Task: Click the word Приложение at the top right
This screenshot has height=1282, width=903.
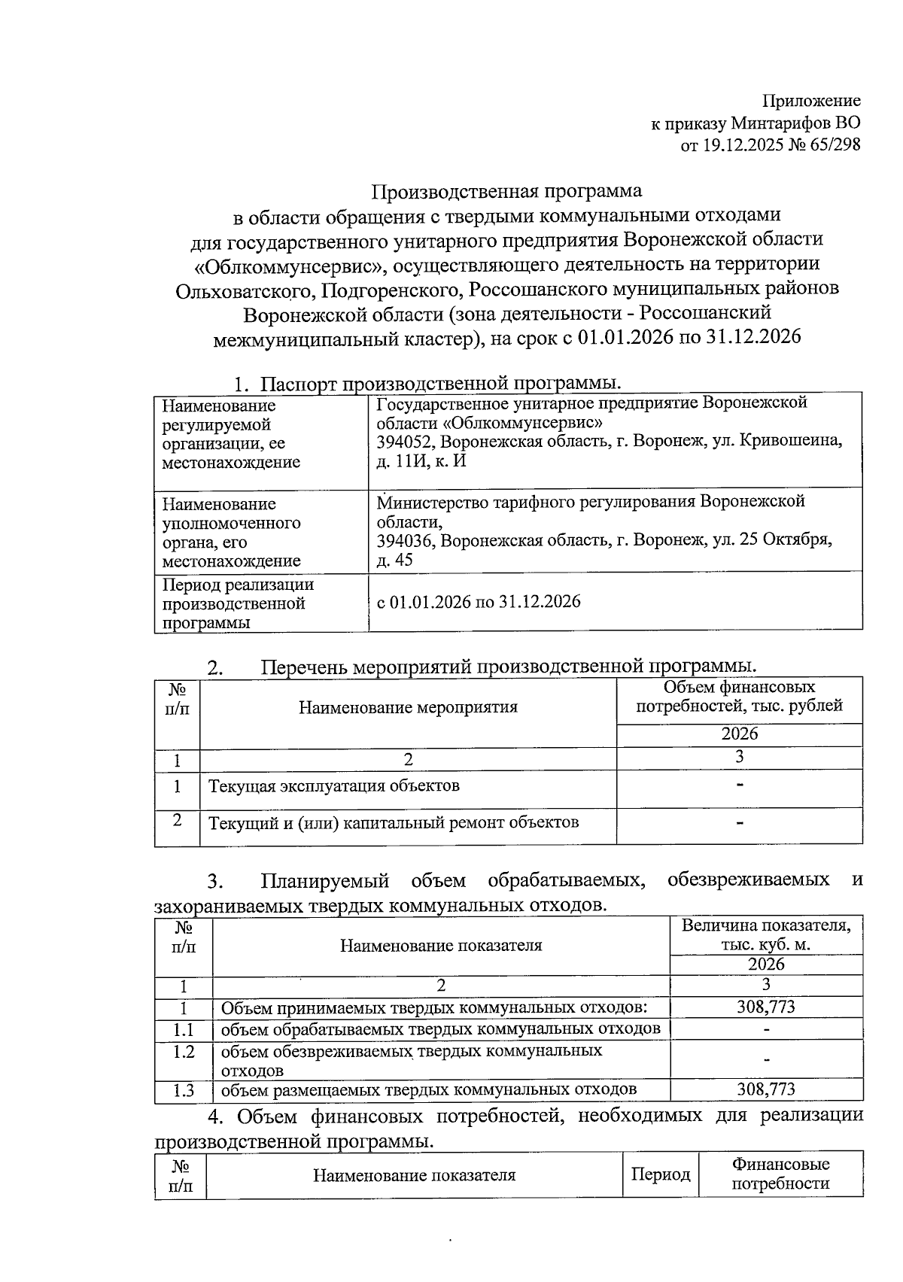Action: click(x=811, y=101)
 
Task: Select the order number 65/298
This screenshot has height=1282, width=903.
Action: click(x=836, y=145)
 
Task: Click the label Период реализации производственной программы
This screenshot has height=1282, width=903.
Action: click(x=237, y=603)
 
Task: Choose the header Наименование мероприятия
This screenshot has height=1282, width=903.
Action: click(x=408, y=707)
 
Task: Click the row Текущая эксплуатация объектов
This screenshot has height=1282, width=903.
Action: click(x=333, y=786)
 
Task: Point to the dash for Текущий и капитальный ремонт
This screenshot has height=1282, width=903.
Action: click(x=740, y=824)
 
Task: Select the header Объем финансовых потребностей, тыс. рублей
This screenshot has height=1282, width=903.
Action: click(x=739, y=697)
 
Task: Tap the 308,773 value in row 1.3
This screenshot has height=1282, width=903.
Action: click(x=766, y=1089)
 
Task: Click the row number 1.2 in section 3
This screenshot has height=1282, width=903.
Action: click(x=183, y=1052)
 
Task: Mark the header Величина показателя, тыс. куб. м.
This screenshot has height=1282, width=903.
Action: click(x=766, y=935)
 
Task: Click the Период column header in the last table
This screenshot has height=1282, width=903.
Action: click(x=660, y=1174)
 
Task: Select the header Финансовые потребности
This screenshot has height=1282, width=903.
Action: click(x=780, y=1174)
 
